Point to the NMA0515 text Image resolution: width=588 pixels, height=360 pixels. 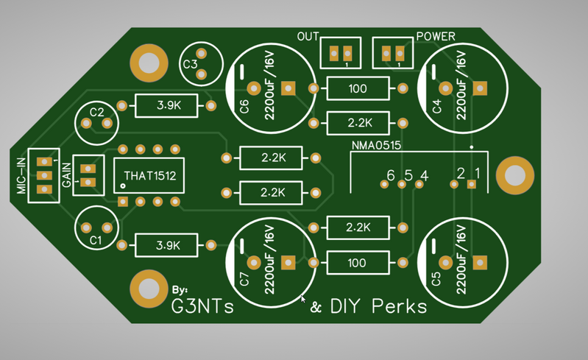375,146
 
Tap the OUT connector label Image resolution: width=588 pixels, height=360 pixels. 308,36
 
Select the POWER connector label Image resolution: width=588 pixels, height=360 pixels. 436,36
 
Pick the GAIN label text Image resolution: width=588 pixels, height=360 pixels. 66,174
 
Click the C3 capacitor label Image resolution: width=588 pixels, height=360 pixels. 190,64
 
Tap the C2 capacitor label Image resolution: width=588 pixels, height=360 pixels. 96,112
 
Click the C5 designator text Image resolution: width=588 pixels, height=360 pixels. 436,280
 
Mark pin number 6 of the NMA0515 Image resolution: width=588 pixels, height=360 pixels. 391,174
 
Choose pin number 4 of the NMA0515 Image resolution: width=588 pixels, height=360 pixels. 423,175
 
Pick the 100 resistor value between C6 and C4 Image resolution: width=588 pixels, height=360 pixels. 358,89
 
